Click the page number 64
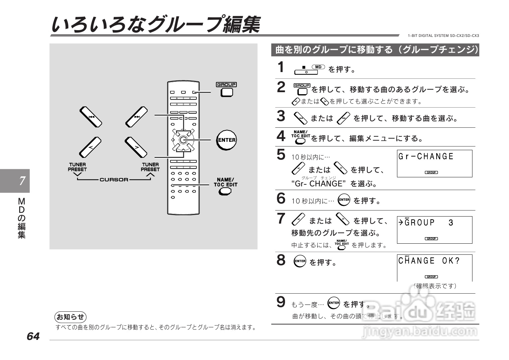33,336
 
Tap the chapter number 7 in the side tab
22,181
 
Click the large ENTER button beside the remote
227,140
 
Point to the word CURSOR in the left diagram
114,180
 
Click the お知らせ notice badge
70,317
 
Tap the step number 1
281,67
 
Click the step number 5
281,155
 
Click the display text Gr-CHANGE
426,157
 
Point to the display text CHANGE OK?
429,261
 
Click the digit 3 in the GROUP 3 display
451,223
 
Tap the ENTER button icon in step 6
344,200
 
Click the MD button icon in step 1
318,67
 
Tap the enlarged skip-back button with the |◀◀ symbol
91,117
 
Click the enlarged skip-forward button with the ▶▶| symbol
136,117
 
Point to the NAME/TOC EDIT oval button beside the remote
225,191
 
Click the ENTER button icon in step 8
300,261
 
